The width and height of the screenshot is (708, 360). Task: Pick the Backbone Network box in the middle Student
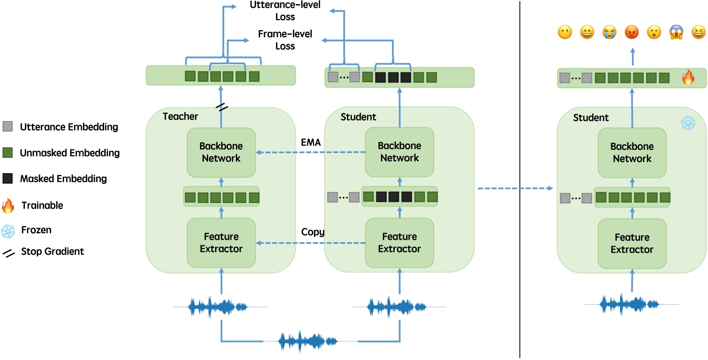coord(399,152)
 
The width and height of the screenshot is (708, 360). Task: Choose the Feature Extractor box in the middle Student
coord(399,242)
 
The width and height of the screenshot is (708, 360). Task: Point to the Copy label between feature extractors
coord(313,232)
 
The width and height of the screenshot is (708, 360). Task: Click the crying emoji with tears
coord(609,32)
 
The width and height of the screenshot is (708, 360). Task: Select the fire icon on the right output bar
coord(688,77)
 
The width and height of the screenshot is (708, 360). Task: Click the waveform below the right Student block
coord(631,304)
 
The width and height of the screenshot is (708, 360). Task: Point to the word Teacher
coord(180,116)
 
